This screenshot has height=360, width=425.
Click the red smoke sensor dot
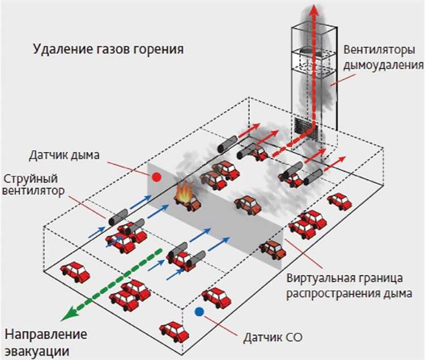click(x=157, y=177)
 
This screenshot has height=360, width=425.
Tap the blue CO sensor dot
click(x=198, y=311)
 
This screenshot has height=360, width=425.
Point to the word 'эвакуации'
click(x=37, y=349)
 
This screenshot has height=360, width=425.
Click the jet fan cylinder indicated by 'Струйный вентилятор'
click(x=117, y=216)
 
